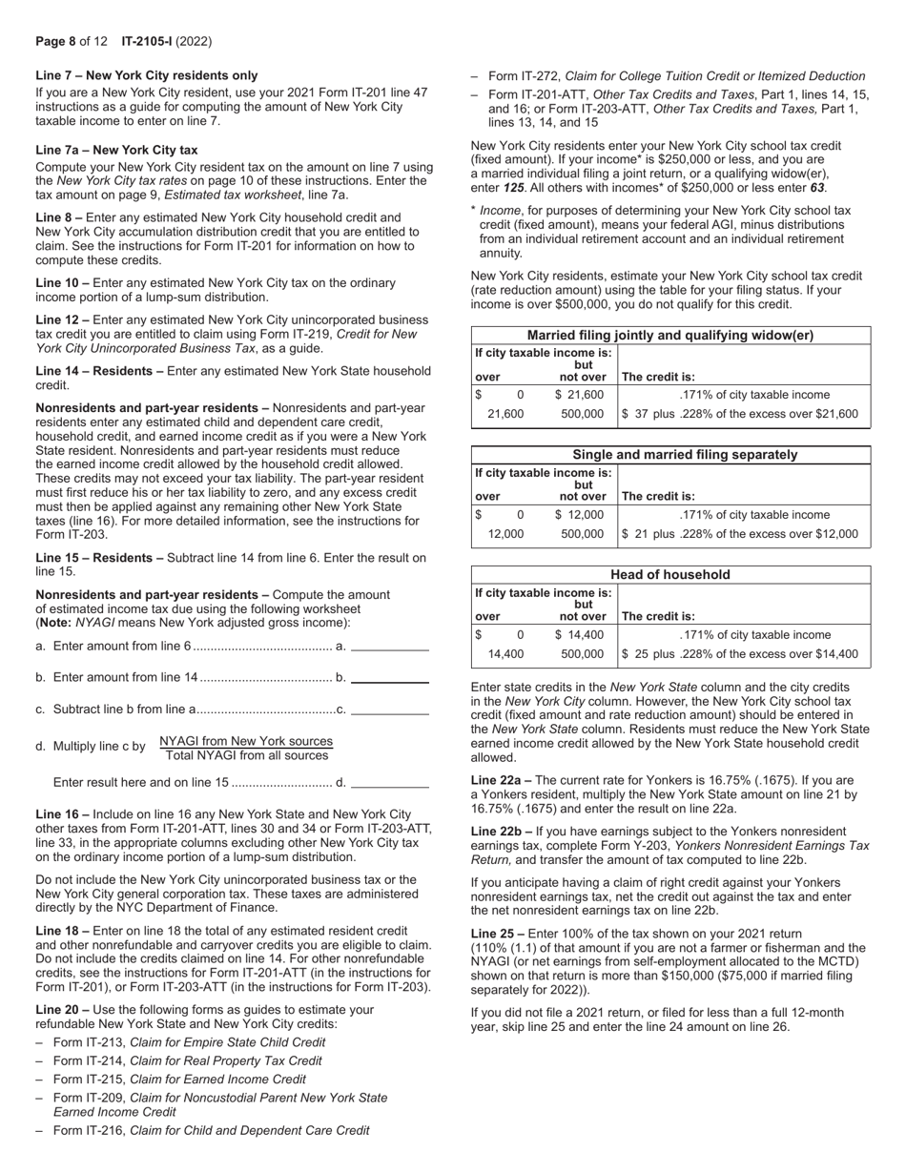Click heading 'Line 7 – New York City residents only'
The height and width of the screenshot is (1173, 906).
tap(146, 75)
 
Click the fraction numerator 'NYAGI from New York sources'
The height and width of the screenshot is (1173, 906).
tap(246, 741)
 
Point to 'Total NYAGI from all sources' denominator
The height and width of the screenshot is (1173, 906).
tap(246, 756)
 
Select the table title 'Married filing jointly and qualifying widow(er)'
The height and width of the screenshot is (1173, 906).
tap(670, 336)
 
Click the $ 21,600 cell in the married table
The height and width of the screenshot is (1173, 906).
tap(579, 395)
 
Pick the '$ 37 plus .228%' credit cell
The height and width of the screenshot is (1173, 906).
tap(740, 414)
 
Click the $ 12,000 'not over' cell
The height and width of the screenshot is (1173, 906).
tap(579, 515)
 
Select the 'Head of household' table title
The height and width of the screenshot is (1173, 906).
tap(670, 575)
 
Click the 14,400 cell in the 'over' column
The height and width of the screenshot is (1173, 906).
tap(505, 654)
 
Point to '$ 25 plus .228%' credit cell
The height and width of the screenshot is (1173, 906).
tap(740, 654)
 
